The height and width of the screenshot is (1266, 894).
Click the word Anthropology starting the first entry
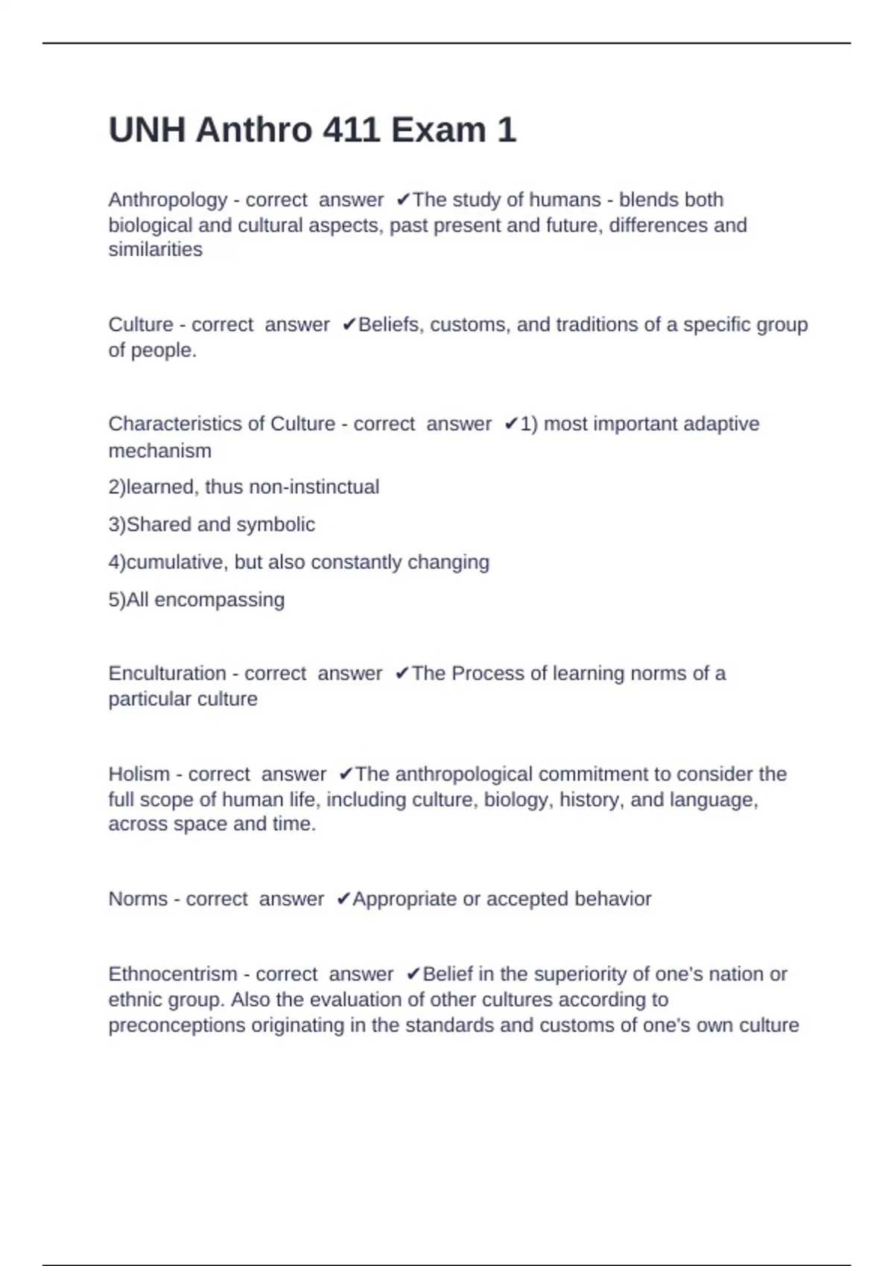[x=168, y=200]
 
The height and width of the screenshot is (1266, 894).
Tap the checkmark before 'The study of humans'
[x=403, y=200]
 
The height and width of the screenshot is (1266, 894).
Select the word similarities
[x=155, y=249]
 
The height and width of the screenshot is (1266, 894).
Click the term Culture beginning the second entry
[x=141, y=325]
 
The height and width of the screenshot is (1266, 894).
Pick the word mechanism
[x=159, y=451]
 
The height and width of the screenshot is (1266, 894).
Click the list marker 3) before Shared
[x=117, y=524]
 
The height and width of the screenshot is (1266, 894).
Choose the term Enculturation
[x=167, y=673]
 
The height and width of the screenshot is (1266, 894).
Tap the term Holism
[x=139, y=774]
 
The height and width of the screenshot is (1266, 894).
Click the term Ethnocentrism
[x=171, y=974]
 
